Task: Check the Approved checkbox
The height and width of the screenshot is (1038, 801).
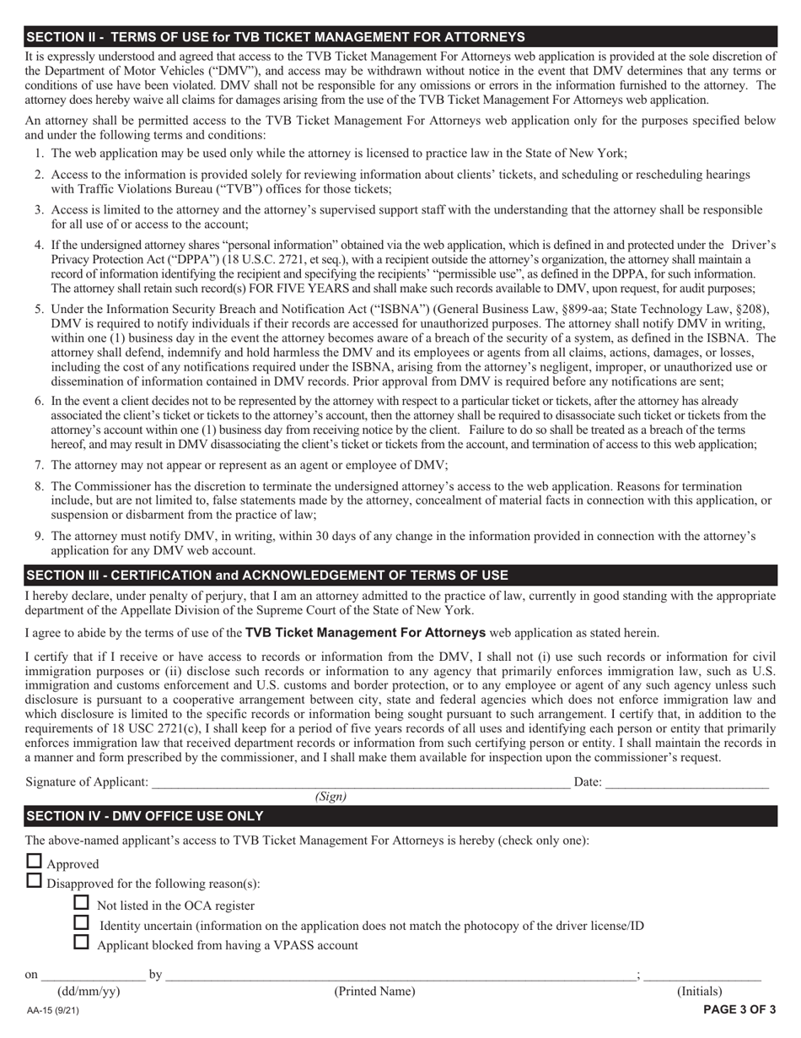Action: point(34,862)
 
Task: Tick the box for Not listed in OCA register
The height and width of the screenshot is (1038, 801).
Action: point(82,902)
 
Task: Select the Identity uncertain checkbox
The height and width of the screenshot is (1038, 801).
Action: point(82,922)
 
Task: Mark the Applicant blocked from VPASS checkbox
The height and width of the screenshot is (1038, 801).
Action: point(82,943)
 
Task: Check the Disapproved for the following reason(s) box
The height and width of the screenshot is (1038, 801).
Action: point(34,881)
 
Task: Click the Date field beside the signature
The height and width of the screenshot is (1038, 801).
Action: point(686,781)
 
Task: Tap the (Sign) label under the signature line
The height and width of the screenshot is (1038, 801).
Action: point(331,797)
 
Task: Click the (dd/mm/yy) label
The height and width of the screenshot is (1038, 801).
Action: point(88,992)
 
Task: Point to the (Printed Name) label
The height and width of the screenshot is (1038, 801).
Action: point(374,992)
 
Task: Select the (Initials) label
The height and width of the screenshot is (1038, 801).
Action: point(700,992)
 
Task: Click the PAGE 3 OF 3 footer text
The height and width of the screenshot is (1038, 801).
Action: point(739,1009)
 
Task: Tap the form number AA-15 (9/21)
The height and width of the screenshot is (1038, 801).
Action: point(53,1010)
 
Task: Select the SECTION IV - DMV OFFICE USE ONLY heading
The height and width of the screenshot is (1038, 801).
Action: point(145,816)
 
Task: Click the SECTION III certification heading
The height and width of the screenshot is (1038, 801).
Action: point(267,576)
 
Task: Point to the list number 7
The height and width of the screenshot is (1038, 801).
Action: point(39,465)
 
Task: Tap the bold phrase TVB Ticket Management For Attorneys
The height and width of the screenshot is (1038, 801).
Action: point(365,633)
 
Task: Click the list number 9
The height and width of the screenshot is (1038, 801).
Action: point(39,536)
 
